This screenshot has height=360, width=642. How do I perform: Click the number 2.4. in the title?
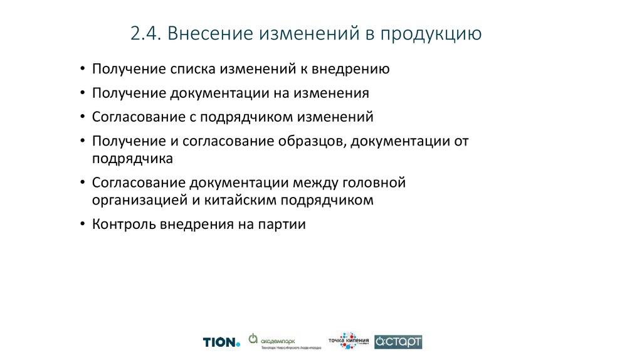point(145,33)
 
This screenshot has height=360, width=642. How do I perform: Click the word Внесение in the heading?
point(210,33)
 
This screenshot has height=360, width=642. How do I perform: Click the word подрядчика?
point(132,159)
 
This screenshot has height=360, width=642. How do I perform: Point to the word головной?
point(376,183)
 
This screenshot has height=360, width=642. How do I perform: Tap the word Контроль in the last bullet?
point(122,225)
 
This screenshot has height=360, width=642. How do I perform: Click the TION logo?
point(221,342)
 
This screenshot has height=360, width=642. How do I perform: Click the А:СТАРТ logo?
point(398,342)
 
